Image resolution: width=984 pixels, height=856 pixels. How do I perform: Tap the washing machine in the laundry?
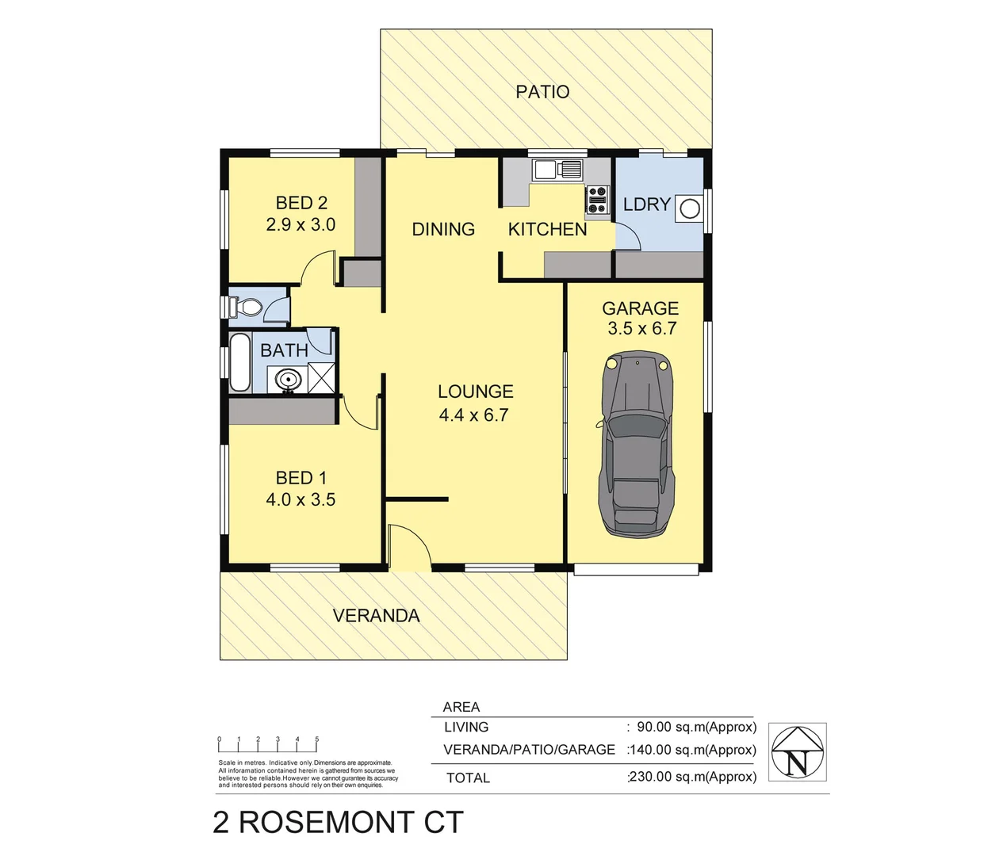690,208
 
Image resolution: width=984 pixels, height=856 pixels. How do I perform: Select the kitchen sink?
557,169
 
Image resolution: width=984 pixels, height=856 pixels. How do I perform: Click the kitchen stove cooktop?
596,199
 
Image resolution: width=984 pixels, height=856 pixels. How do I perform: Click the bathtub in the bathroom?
239,363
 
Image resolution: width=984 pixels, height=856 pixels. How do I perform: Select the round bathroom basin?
288,379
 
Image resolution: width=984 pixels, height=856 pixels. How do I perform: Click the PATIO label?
542,92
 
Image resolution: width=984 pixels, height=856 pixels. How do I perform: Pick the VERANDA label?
376,616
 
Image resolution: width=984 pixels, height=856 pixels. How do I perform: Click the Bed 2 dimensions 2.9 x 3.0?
301,225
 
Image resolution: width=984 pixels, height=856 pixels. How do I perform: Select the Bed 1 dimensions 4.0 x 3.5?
301,500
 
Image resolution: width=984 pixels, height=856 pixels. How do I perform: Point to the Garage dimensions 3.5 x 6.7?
641,329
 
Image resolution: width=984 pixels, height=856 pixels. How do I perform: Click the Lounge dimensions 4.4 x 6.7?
473,415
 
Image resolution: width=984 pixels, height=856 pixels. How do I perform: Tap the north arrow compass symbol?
798,752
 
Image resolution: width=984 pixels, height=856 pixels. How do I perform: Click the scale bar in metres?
268,744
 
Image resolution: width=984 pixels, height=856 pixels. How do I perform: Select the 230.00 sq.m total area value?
693,778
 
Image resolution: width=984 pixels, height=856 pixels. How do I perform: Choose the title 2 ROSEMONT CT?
338,823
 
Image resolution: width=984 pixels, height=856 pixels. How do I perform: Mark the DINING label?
443,230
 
